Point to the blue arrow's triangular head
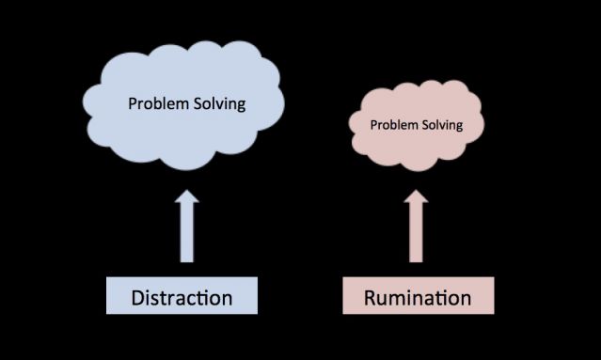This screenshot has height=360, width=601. tap(187, 200)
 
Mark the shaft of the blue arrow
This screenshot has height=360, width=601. tap(187, 235)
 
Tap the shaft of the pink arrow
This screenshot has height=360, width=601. tap(416, 235)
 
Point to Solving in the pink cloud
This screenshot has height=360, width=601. tap(442, 124)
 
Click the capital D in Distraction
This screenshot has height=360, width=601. tap(138, 299)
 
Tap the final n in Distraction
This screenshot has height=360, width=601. tap(226, 300)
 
